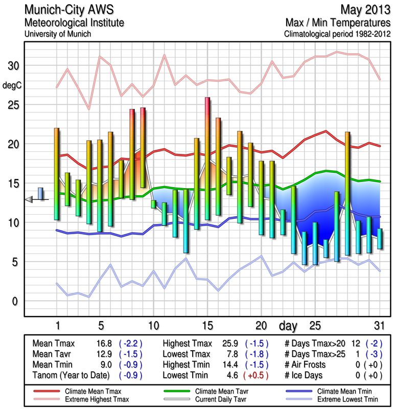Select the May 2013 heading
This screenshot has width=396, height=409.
(x=365, y=10)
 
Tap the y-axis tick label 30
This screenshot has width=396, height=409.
(x=12, y=66)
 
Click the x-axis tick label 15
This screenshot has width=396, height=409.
(x=207, y=325)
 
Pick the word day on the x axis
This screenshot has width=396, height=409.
(x=289, y=325)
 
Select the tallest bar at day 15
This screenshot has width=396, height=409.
(x=207, y=158)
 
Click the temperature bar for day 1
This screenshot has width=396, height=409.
(x=57, y=174)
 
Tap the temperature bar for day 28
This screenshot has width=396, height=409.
(x=347, y=193)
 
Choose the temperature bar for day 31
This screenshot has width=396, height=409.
(x=380, y=239)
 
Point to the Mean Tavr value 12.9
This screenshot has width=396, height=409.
(x=100, y=354)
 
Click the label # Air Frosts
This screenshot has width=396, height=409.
(x=310, y=365)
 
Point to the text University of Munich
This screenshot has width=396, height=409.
(x=58, y=34)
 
